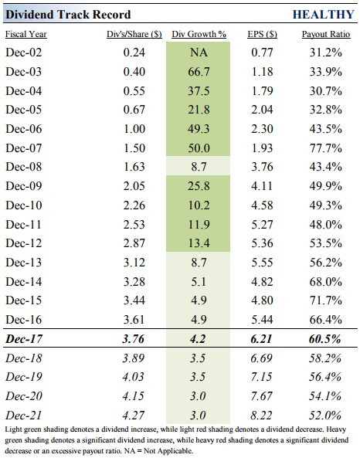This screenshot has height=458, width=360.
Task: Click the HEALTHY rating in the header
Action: pyautogui.click(x=323, y=15)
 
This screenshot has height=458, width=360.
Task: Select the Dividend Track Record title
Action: pyautogui.click(x=68, y=15)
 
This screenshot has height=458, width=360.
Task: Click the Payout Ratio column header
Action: pyautogui.click(x=326, y=34)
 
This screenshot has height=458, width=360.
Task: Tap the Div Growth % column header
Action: pyautogui.click(x=199, y=34)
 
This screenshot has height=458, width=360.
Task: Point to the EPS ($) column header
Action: pyautogui.click(x=262, y=34)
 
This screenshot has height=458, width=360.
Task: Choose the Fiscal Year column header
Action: pyautogui.click(x=26, y=34)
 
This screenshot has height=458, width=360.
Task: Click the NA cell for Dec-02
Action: pyautogui.click(x=199, y=53)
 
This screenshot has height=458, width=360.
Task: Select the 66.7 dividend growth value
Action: pyautogui.click(x=199, y=72)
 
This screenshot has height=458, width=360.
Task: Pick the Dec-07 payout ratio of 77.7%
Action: pyautogui.click(x=326, y=148)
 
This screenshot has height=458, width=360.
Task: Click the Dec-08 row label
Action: pyautogui.click(x=24, y=167)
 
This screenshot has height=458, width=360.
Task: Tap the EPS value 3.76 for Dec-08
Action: pyautogui.click(x=262, y=167)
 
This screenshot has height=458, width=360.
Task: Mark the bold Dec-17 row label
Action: pyautogui.click(x=24, y=339)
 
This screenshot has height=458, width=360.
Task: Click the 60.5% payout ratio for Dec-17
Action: pyautogui.click(x=325, y=339)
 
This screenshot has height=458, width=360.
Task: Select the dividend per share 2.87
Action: pyautogui.click(x=134, y=243)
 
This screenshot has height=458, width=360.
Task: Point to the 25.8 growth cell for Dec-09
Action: pyautogui.click(x=199, y=186)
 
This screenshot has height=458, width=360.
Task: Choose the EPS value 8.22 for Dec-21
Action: pyautogui.click(x=262, y=416)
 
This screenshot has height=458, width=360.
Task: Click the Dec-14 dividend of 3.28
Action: pyautogui.click(x=134, y=282)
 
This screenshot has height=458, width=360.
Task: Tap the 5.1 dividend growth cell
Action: pyautogui.click(x=199, y=282)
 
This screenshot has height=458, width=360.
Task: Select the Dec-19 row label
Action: pyautogui.click(x=24, y=377)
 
